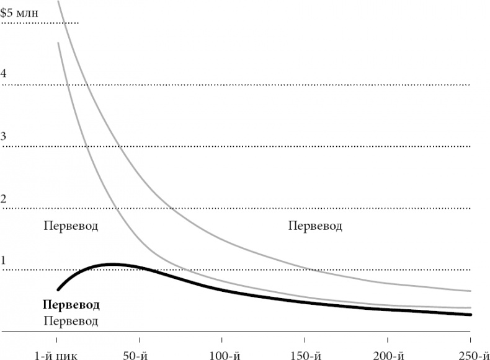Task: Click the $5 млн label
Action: [x=20, y=12]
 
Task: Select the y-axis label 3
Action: [x=4, y=136]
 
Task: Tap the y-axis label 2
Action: [x=4, y=199]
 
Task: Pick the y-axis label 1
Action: [x=4, y=260]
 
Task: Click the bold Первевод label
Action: [x=71, y=305]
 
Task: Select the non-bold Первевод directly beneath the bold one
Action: [x=71, y=321]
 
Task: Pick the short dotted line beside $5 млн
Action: [x=41, y=23]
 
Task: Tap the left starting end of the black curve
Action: [x=57, y=289]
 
